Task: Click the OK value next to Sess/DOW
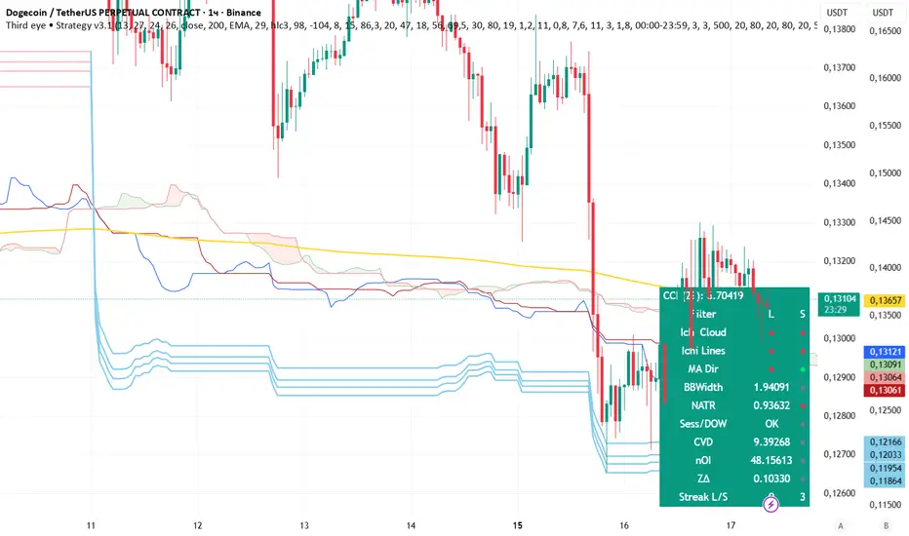(x=771, y=424)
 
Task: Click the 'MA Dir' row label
(x=704, y=368)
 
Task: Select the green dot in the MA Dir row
(x=803, y=369)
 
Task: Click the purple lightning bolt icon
(x=771, y=502)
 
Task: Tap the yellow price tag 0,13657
(x=886, y=301)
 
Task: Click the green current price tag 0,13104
(x=840, y=299)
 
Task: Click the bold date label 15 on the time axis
(x=519, y=524)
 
